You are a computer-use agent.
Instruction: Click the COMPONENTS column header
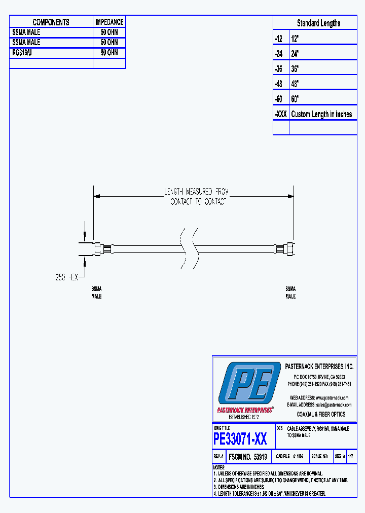(51, 22)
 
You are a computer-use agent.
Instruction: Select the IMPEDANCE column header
(109, 22)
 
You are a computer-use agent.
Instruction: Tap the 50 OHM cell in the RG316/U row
(109, 53)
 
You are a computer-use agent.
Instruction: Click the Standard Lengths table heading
(318, 23)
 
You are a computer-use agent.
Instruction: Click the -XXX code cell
(280, 114)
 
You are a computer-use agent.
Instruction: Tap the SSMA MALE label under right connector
(290, 292)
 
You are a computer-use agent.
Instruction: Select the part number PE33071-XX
(240, 438)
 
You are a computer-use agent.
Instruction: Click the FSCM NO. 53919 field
(248, 456)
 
